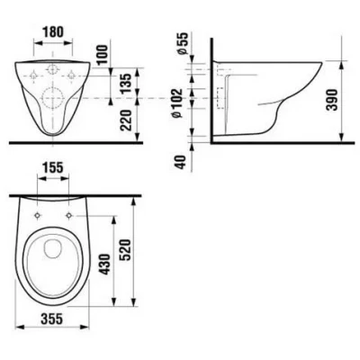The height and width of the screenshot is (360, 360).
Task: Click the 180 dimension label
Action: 53,31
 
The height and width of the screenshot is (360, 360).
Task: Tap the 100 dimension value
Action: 102,54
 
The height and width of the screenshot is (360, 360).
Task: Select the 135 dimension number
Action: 127,83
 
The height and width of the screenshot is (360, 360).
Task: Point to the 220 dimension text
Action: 127,121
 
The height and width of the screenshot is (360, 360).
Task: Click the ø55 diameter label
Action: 183,43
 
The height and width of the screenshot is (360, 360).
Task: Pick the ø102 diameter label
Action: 177,103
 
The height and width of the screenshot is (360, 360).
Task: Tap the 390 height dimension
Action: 333,100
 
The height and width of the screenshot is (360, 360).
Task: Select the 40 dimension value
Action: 180,162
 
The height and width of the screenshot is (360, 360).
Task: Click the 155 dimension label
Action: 53,167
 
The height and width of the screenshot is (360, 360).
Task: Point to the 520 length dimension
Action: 126,250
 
